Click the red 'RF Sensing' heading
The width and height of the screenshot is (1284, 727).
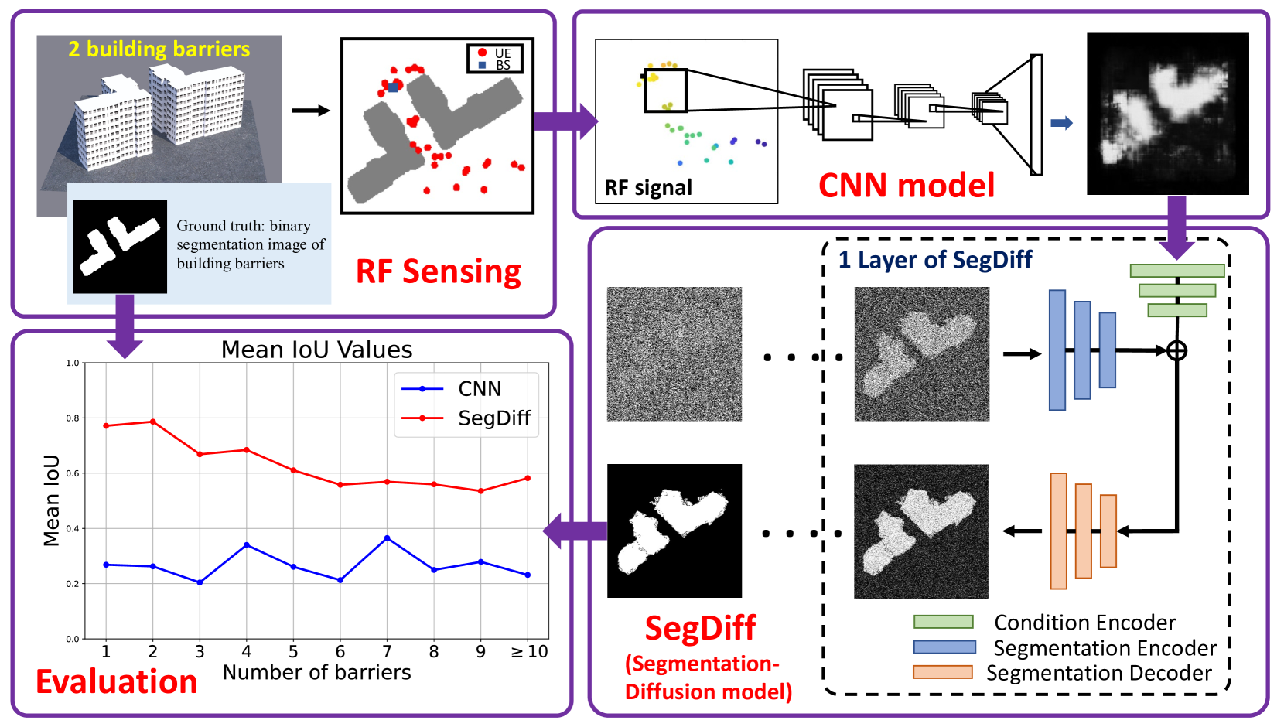[x=438, y=271]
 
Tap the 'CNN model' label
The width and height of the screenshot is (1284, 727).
[x=906, y=186]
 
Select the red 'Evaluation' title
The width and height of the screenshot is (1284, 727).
[x=116, y=681]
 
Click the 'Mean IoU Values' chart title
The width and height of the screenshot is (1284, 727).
[x=316, y=350]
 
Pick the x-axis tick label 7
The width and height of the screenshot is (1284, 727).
[x=387, y=652]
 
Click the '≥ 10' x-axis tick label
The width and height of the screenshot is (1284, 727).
[x=529, y=652]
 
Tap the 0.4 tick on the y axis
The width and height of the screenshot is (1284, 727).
[x=72, y=529]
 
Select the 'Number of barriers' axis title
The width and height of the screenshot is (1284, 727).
[x=316, y=673]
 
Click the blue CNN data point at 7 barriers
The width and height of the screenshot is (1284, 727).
[x=387, y=538]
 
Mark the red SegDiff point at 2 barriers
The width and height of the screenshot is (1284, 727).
[x=153, y=422]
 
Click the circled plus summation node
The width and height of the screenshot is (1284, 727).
[x=1176, y=351]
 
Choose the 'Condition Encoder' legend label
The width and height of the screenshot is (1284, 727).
[x=1084, y=623]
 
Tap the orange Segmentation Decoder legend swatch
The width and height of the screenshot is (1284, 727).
[x=942, y=672]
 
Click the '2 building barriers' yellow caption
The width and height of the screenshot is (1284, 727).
[x=159, y=49]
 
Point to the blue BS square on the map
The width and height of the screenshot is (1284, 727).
[x=393, y=87]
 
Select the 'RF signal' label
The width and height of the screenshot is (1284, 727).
[x=647, y=188]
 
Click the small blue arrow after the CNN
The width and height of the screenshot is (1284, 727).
[x=1061, y=123]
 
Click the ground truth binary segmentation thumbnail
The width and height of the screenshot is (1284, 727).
[x=120, y=246]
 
